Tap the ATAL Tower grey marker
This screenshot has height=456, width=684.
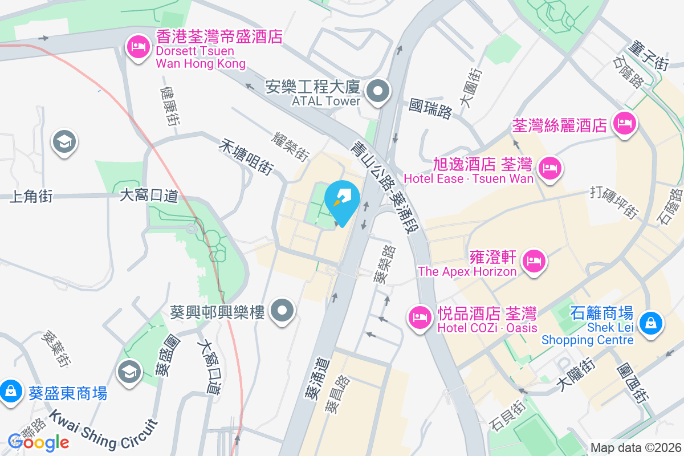tap(377, 91)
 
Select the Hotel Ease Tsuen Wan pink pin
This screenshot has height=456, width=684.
tap(551, 168)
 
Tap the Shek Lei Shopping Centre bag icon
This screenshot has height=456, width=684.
tap(649, 323)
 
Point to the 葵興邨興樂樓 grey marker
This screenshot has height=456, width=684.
tap(282, 311)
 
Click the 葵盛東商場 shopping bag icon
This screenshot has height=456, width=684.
tap(10, 392)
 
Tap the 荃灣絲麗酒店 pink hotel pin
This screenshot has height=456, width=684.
tap(625, 123)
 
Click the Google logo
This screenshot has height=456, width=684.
tap(39, 442)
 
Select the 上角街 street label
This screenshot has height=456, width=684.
tap(31, 197)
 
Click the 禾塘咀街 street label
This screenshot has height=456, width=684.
tap(246, 157)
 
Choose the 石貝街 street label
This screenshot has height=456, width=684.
tap(506, 417)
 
